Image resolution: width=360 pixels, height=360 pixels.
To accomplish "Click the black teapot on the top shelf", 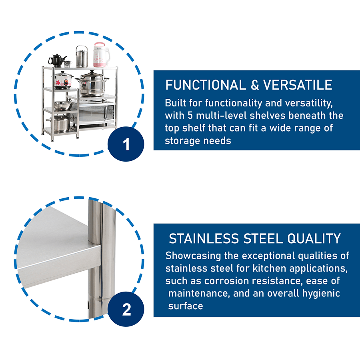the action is [57, 61].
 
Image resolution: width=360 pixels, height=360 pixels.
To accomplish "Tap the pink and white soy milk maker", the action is [100, 55].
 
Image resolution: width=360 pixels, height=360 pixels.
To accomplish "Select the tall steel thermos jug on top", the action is [82, 56].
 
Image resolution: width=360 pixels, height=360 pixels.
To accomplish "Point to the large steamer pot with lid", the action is [92, 84].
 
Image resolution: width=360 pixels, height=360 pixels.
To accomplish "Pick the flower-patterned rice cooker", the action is [63, 80].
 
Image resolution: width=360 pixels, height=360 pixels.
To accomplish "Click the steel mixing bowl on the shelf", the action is [63, 106].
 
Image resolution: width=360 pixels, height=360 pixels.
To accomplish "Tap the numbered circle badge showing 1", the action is [126, 144].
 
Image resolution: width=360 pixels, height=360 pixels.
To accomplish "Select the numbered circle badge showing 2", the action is [126, 309].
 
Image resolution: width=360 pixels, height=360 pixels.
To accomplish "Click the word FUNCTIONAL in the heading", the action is [206, 85].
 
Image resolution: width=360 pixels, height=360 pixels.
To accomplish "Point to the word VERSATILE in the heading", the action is [298, 85].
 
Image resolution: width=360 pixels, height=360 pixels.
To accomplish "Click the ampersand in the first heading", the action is [255, 85].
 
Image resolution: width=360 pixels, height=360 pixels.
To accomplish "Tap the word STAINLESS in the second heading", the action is [204, 238].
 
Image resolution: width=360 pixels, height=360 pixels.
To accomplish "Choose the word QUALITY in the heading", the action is [314, 238].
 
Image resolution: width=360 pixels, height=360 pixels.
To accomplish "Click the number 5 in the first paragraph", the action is [190, 116].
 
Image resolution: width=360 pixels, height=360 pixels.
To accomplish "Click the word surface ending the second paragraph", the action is [186, 306].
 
